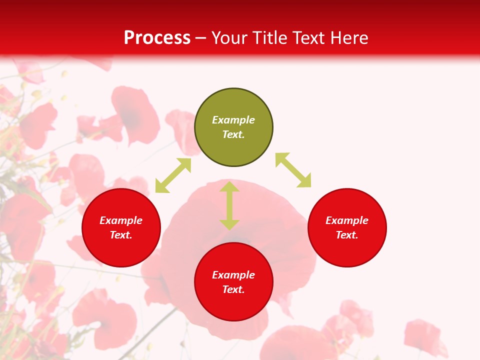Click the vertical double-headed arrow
pyautogui.click(x=229, y=205)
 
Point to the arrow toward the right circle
pyautogui.click(x=293, y=170)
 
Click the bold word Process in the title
pyautogui.click(x=157, y=38)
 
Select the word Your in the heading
pyautogui.click(x=230, y=38)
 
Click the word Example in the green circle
pyautogui.click(x=233, y=120)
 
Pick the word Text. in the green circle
pyautogui.click(x=233, y=134)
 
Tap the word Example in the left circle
pyautogui.click(x=121, y=220)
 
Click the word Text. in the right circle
pyautogui.click(x=347, y=235)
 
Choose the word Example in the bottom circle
pyautogui.click(x=233, y=275)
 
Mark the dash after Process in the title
pyautogui.click(x=200, y=38)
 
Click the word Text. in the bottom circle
pyautogui.click(x=233, y=289)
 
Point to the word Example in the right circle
pyautogui.click(x=347, y=220)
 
